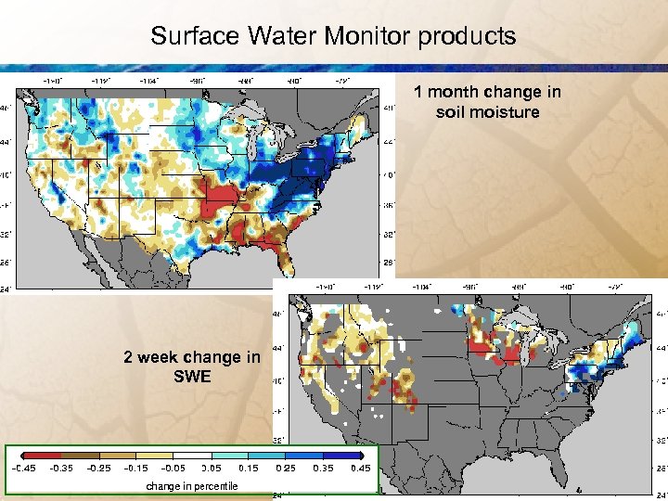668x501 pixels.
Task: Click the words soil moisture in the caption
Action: point(487,112)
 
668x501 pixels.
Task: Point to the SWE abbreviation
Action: point(192,377)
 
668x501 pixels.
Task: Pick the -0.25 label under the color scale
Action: point(99,469)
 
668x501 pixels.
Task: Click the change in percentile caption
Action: point(191,486)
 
